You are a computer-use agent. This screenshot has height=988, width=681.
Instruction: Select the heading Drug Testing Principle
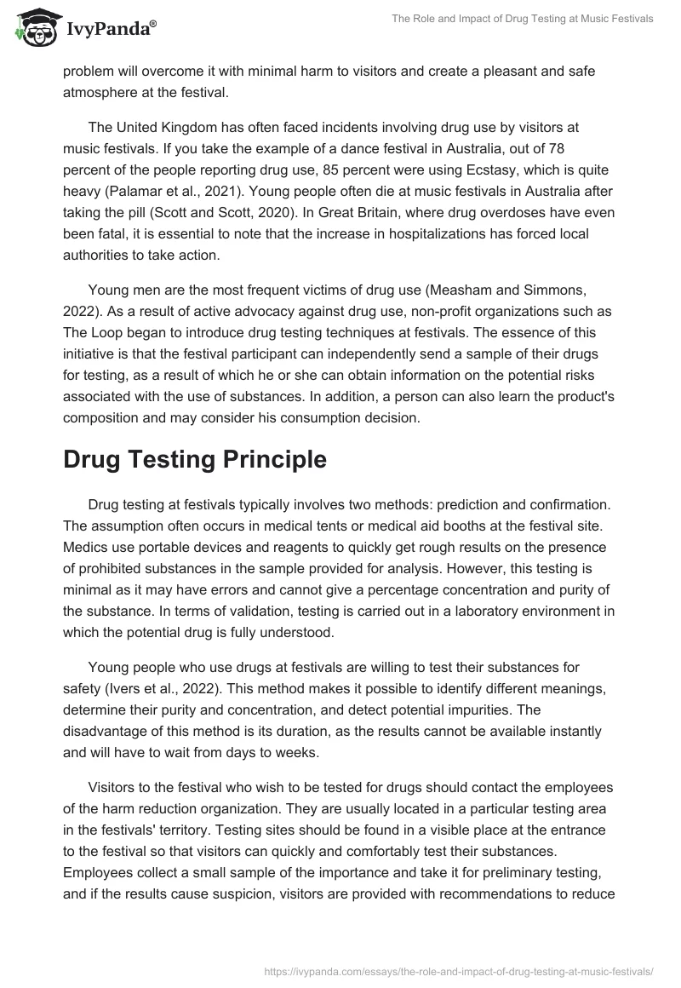pos(195,459)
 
